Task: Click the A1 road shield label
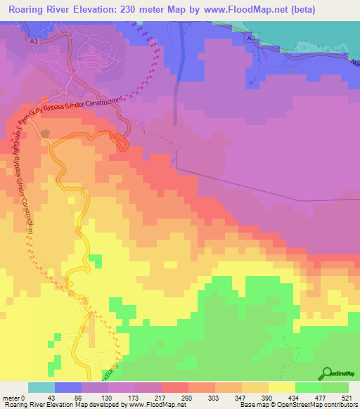33,41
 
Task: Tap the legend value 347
241,398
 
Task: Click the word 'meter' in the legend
12,398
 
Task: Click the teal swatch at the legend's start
41,387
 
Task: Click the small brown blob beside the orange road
46,133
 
